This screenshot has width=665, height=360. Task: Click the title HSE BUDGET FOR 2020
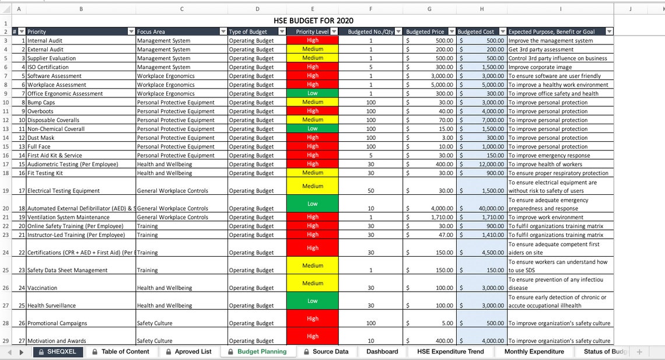(x=314, y=21)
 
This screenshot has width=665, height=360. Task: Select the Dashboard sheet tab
(x=382, y=352)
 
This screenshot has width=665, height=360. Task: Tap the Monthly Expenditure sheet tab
(x=534, y=352)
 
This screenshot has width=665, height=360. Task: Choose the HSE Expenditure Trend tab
(x=450, y=352)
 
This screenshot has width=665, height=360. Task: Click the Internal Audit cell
(x=45, y=41)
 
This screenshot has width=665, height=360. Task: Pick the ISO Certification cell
(x=47, y=67)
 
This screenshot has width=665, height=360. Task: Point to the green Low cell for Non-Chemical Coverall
(x=313, y=128)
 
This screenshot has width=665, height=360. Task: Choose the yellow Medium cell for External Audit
(x=313, y=50)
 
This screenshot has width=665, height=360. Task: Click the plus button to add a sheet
(x=639, y=352)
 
